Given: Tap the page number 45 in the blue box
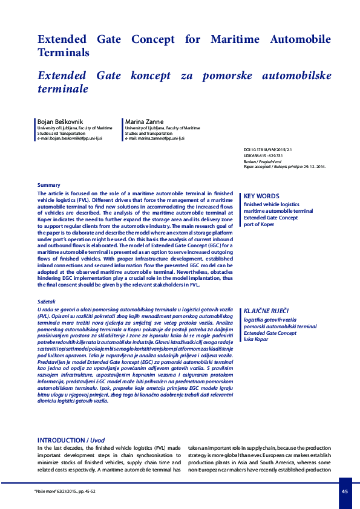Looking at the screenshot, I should click(344, 491).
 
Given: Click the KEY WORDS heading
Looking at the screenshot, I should click(261, 196).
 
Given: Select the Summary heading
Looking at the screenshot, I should click(49, 184).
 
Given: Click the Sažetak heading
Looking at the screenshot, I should click(47, 300).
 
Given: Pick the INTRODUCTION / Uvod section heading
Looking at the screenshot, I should click(71, 440).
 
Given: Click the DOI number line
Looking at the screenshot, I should click(267, 149).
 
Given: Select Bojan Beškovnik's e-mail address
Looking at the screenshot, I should click(70, 138).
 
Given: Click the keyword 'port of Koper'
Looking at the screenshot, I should click(258, 224).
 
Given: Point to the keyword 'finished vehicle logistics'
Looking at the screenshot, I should click(271, 204).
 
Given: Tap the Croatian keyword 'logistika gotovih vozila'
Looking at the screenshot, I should click(269, 319).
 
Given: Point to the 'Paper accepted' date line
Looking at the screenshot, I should click(284, 166).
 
